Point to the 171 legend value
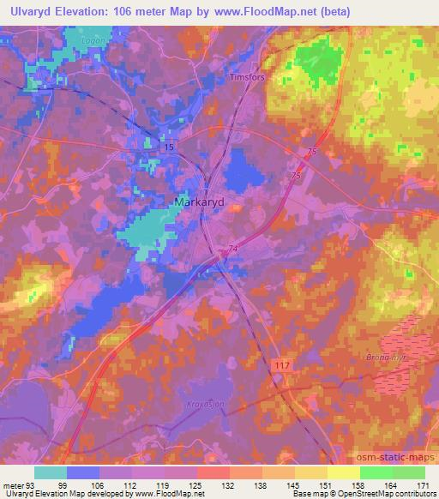pos(424,484)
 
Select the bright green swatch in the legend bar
pos(376,472)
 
